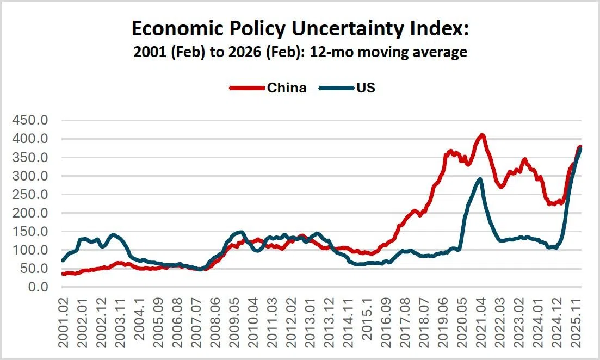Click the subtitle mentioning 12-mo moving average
point(300,53)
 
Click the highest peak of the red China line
point(481,135)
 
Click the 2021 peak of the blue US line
point(479,179)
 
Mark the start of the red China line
point(63,274)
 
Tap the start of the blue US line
point(63,260)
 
